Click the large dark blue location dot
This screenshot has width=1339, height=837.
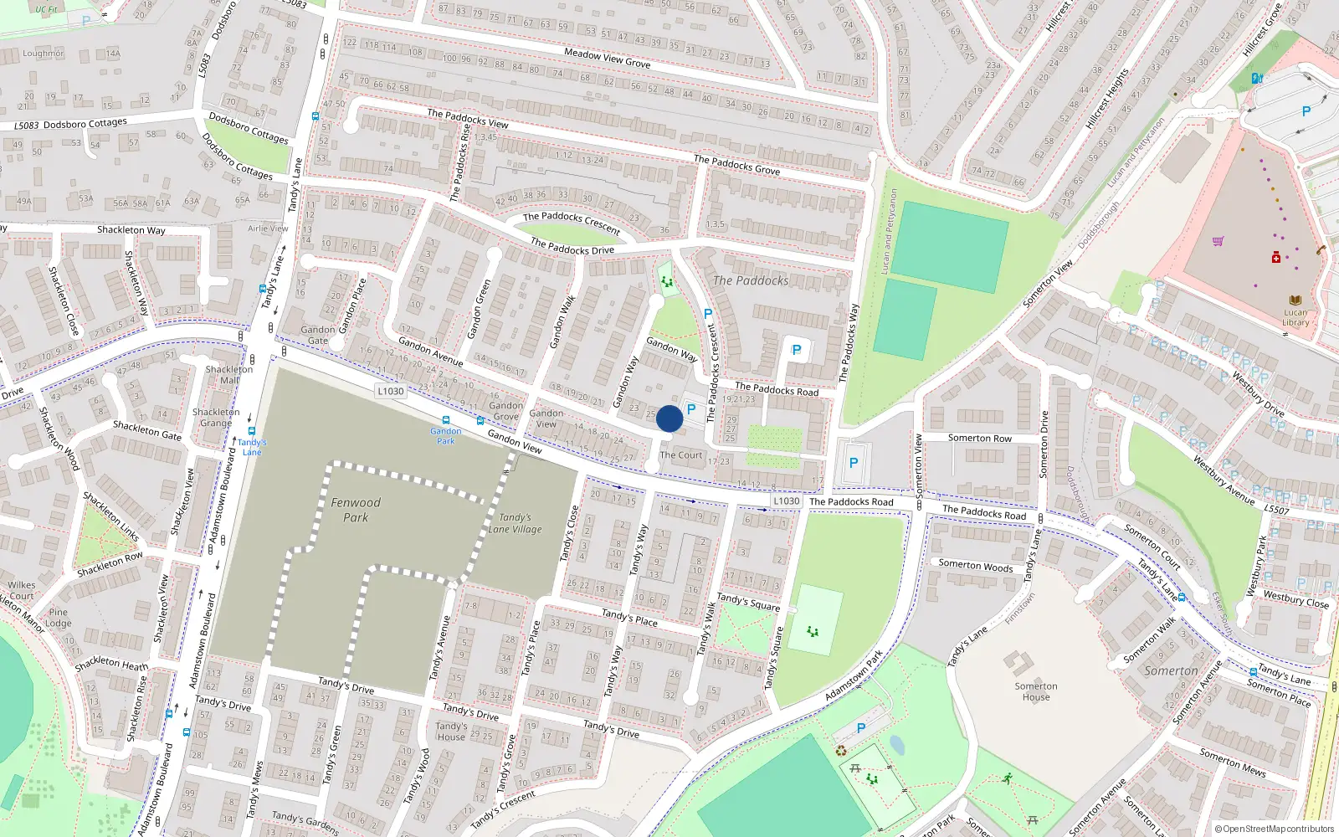click(x=669, y=418)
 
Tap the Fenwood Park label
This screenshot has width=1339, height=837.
click(x=356, y=510)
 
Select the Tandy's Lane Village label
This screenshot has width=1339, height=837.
click(x=515, y=523)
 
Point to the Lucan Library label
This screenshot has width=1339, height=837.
click(x=1295, y=317)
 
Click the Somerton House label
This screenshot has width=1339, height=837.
click(x=1036, y=691)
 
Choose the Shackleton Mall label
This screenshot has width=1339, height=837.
click(x=228, y=374)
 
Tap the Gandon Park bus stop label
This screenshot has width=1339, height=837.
click(x=445, y=436)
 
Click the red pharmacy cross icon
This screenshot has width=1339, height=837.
click(x=1275, y=258)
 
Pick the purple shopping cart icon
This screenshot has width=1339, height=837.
click(x=1218, y=241)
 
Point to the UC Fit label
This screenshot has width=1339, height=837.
click(x=46, y=10)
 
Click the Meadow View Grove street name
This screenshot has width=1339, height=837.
click(x=607, y=58)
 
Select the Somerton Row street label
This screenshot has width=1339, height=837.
click(x=979, y=438)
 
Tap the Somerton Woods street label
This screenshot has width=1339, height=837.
click(x=975, y=566)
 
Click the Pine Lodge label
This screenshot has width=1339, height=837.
click(x=58, y=618)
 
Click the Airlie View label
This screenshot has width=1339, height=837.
click(x=268, y=229)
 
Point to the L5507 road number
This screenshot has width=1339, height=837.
click(x=1276, y=509)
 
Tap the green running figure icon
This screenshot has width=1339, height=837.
click(x=1007, y=778)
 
